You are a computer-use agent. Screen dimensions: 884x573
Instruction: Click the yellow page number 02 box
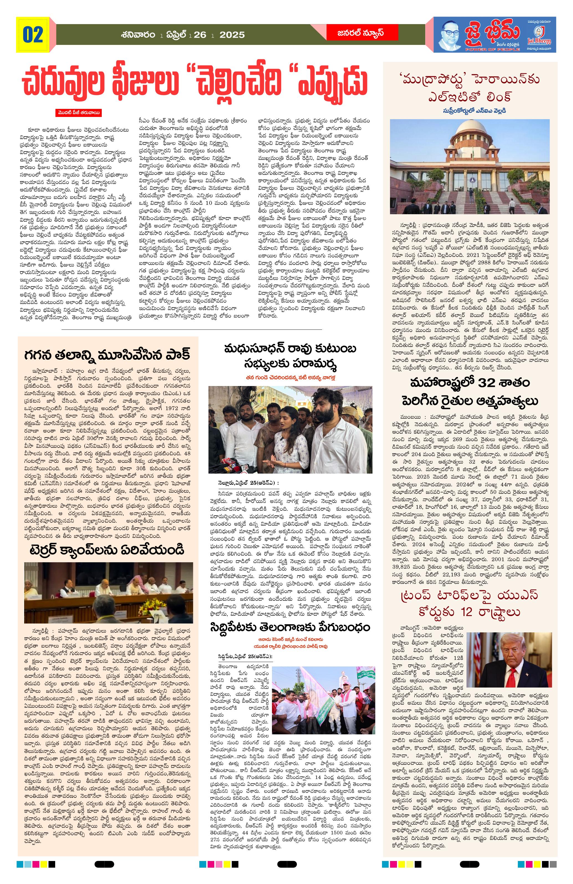click(33, 35)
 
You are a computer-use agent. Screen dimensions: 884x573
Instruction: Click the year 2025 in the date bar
click(232, 35)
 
